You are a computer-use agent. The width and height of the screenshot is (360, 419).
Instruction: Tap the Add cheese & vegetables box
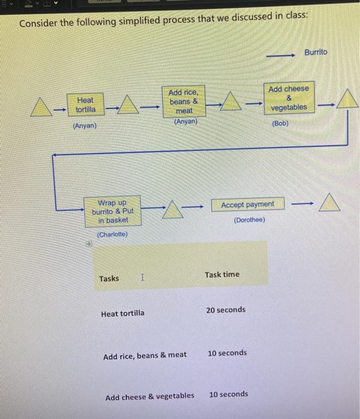click(x=288, y=98)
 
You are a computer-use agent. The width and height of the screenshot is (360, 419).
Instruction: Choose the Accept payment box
click(x=247, y=205)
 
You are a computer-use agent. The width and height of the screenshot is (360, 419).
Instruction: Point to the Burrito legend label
click(x=316, y=52)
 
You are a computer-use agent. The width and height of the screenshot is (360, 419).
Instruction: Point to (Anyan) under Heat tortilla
click(x=84, y=126)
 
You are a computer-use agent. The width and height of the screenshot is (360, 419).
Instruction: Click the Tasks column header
click(x=109, y=278)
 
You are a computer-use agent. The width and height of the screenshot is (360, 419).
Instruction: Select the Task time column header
click(x=222, y=275)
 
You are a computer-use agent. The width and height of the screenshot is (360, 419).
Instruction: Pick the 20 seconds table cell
click(x=225, y=309)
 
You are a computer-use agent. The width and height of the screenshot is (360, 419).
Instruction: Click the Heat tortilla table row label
click(x=123, y=313)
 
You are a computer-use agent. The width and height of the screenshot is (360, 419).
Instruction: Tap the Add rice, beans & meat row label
click(x=145, y=356)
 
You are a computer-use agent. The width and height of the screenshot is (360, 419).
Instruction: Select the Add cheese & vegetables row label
click(x=150, y=396)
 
